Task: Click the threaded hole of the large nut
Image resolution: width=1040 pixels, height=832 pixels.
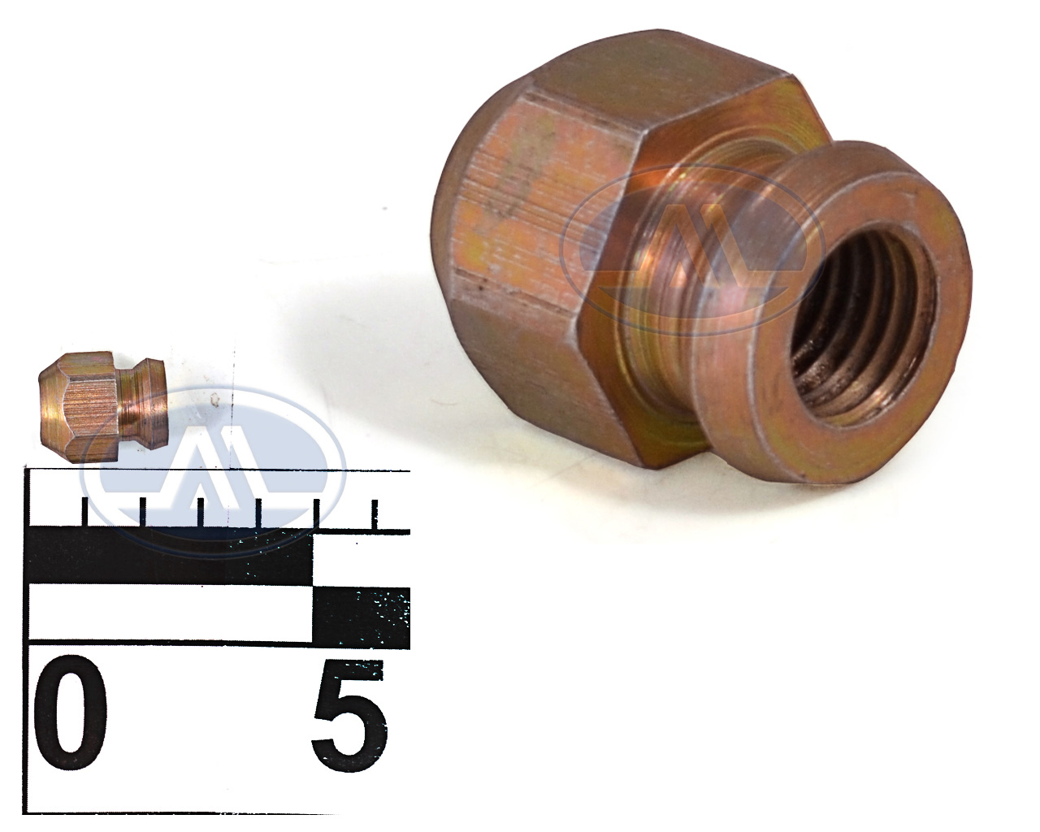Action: pos(863,329)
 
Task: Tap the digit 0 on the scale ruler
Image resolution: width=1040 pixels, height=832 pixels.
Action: pos(71,713)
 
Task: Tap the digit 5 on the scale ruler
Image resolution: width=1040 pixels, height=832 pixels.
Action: pos(349,716)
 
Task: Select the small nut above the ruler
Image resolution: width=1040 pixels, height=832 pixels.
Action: pos(102,406)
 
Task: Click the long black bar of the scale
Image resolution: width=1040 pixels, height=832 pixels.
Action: pos(171,557)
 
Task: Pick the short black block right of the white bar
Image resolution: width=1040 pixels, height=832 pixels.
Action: pos(361,618)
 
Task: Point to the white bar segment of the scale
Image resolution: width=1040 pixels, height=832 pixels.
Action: pos(171,614)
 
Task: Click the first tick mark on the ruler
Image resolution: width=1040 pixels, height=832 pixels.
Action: pos(85,512)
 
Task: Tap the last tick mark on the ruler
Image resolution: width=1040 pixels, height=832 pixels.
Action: pos(375,514)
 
